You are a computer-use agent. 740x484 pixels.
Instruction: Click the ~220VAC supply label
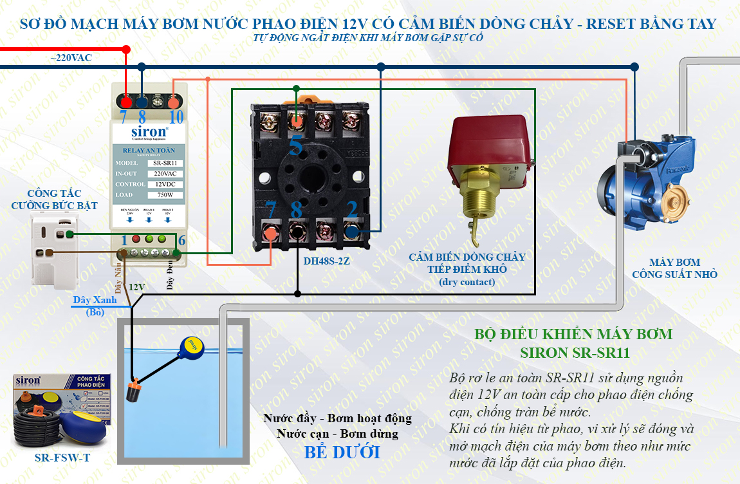71,58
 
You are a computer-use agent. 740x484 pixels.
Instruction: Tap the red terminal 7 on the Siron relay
127,102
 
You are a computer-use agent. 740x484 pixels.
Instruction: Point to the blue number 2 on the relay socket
352,210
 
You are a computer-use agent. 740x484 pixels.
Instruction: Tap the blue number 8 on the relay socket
296,210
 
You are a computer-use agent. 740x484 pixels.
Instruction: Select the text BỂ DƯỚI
342,452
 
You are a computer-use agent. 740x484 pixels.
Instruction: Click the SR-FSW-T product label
62,458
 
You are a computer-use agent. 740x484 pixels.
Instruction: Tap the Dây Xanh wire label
95,300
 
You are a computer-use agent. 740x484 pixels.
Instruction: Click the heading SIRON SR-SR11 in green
574,353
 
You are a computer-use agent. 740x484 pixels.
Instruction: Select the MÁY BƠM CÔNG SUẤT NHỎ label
674,268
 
